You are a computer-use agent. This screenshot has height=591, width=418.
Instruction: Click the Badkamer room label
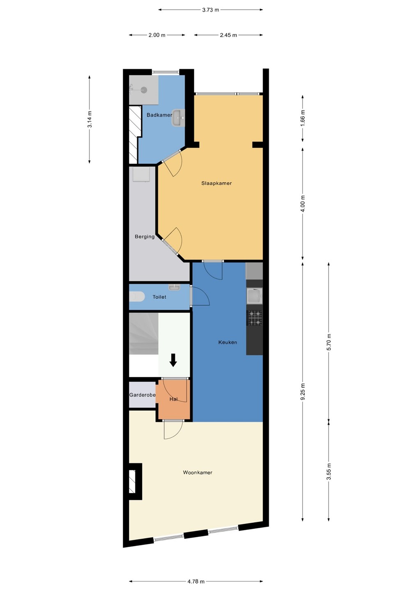tap(159, 115)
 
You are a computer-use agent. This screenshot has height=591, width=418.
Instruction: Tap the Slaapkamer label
tap(216, 183)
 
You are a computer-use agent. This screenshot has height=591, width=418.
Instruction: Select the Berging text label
tap(145, 236)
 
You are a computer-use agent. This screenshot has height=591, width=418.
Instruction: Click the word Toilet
tap(159, 297)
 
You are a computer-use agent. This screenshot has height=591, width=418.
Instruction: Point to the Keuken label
tap(228, 342)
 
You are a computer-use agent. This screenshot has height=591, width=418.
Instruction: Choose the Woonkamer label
tap(198, 472)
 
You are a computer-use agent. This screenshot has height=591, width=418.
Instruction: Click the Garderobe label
tap(142, 395)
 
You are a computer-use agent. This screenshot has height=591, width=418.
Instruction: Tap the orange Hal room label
tap(173, 399)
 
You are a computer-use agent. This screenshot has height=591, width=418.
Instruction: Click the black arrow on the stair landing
tap(173, 360)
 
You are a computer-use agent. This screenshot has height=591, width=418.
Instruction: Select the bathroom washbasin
tap(178, 118)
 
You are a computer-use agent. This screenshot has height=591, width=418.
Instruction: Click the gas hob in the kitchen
tap(255, 318)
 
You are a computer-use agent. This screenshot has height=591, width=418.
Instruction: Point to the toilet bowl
tap(137, 297)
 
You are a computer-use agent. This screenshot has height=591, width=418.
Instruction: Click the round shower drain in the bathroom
tap(144, 90)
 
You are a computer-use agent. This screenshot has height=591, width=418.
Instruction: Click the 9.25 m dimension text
tap(303, 392)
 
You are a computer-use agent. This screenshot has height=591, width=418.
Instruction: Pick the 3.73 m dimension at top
tap(211, 10)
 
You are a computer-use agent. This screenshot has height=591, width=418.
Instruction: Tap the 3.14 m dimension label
tap(90, 119)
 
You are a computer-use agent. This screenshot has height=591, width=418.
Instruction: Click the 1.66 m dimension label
tap(303, 118)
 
